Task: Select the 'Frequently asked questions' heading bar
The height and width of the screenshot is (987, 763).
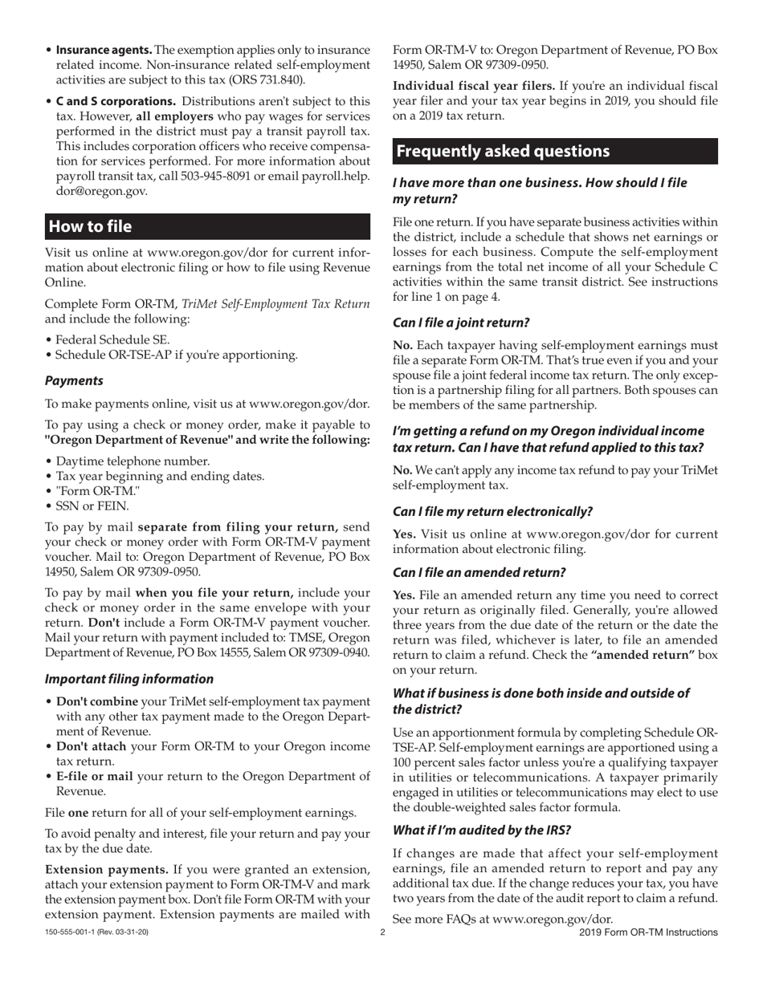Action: click(503, 152)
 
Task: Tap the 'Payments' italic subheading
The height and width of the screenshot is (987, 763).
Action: click(74, 380)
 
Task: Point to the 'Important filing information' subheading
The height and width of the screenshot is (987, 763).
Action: click(129, 679)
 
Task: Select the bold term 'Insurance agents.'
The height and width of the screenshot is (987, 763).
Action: click(104, 51)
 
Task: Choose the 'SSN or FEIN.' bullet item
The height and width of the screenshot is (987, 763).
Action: click(92, 506)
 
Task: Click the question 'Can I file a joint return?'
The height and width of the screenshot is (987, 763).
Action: click(461, 323)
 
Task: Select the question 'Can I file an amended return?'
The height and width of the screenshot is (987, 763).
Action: click(479, 572)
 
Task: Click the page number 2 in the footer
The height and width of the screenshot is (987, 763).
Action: click(382, 932)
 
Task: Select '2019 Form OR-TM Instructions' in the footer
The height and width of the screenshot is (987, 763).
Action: click(647, 932)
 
